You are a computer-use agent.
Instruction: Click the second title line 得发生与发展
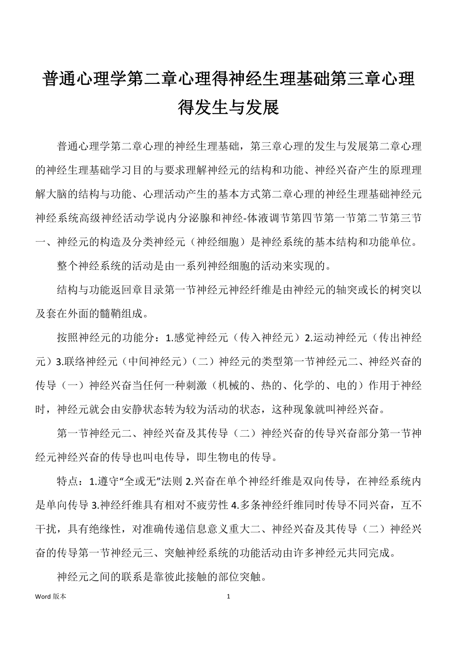tap(228, 106)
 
